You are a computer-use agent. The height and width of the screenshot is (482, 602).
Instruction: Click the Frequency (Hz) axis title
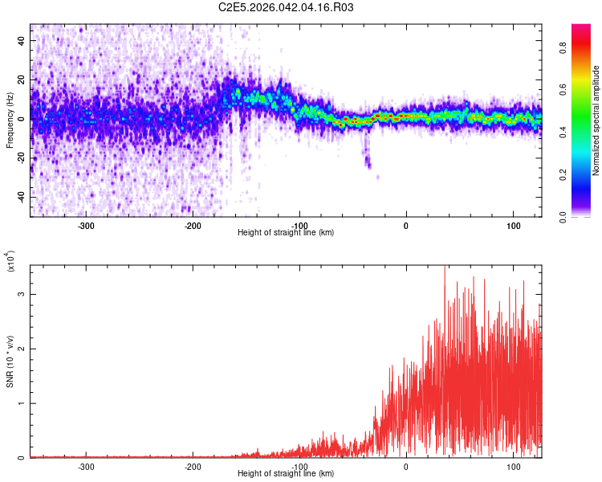[10, 120]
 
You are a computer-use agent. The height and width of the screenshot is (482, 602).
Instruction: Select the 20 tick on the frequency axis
[22, 80]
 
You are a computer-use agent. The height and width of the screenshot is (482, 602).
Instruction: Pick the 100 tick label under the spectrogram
[513, 225]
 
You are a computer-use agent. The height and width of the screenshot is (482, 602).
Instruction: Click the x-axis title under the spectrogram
[286, 233]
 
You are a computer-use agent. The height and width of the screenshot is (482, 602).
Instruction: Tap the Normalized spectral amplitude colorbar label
[596, 120]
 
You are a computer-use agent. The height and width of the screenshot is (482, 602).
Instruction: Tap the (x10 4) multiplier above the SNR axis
[11, 262]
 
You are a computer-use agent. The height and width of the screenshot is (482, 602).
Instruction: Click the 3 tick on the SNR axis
[22, 294]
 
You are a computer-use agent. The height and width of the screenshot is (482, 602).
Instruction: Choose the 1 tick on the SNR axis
[22, 403]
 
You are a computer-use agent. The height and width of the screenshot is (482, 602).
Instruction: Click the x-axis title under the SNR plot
[286, 474]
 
